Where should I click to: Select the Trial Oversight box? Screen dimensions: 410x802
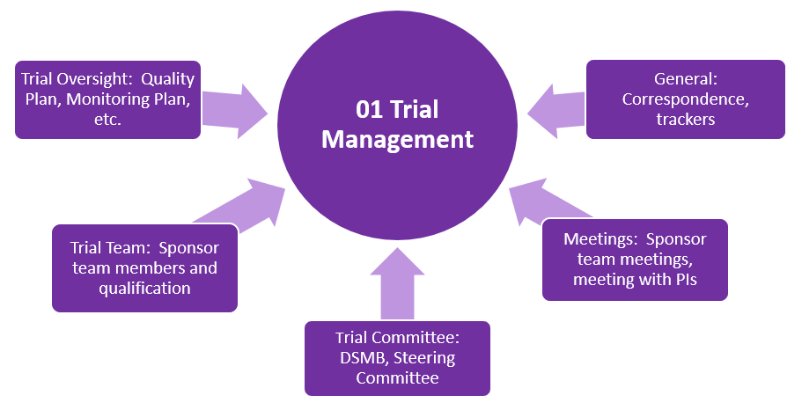click(x=108, y=99)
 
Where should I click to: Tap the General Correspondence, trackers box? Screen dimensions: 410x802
click(x=685, y=99)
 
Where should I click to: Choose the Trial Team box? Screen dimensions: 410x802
click(x=144, y=267)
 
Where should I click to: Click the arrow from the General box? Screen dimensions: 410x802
click(x=556, y=111)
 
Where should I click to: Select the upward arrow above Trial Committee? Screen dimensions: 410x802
click(x=397, y=283)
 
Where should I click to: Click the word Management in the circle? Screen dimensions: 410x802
click(x=397, y=139)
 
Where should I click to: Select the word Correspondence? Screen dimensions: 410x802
click(x=685, y=99)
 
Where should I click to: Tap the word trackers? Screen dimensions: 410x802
click(x=685, y=119)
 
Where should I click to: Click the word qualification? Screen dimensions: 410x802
click(x=144, y=287)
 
